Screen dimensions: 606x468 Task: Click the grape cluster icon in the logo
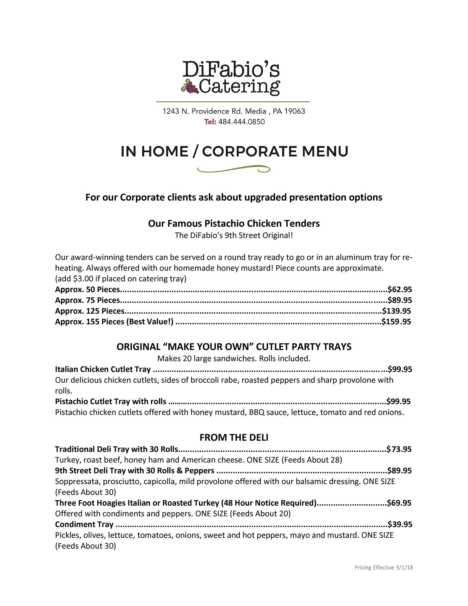(x=190, y=86)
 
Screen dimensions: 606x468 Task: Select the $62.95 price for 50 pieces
(x=400, y=289)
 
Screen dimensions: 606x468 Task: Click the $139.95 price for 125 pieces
(x=396, y=311)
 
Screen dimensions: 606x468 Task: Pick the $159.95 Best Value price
(x=396, y=322)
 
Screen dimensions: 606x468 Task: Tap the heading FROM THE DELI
(x=234, y=438)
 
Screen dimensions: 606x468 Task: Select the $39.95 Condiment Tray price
(x=400, y=524)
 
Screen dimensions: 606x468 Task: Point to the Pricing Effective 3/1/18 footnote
(x=384, y=568)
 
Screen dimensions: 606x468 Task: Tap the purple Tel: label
(x=210, y=122)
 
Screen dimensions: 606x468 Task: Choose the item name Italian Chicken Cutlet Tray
(x=103, y=369)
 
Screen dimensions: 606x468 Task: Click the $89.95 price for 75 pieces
(x=400, y=300)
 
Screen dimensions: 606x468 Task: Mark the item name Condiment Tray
(x=84, y=524)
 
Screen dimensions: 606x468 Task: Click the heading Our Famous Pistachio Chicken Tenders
(x=234, y=223)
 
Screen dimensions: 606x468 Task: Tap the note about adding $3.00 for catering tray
(x=121, y=279)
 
